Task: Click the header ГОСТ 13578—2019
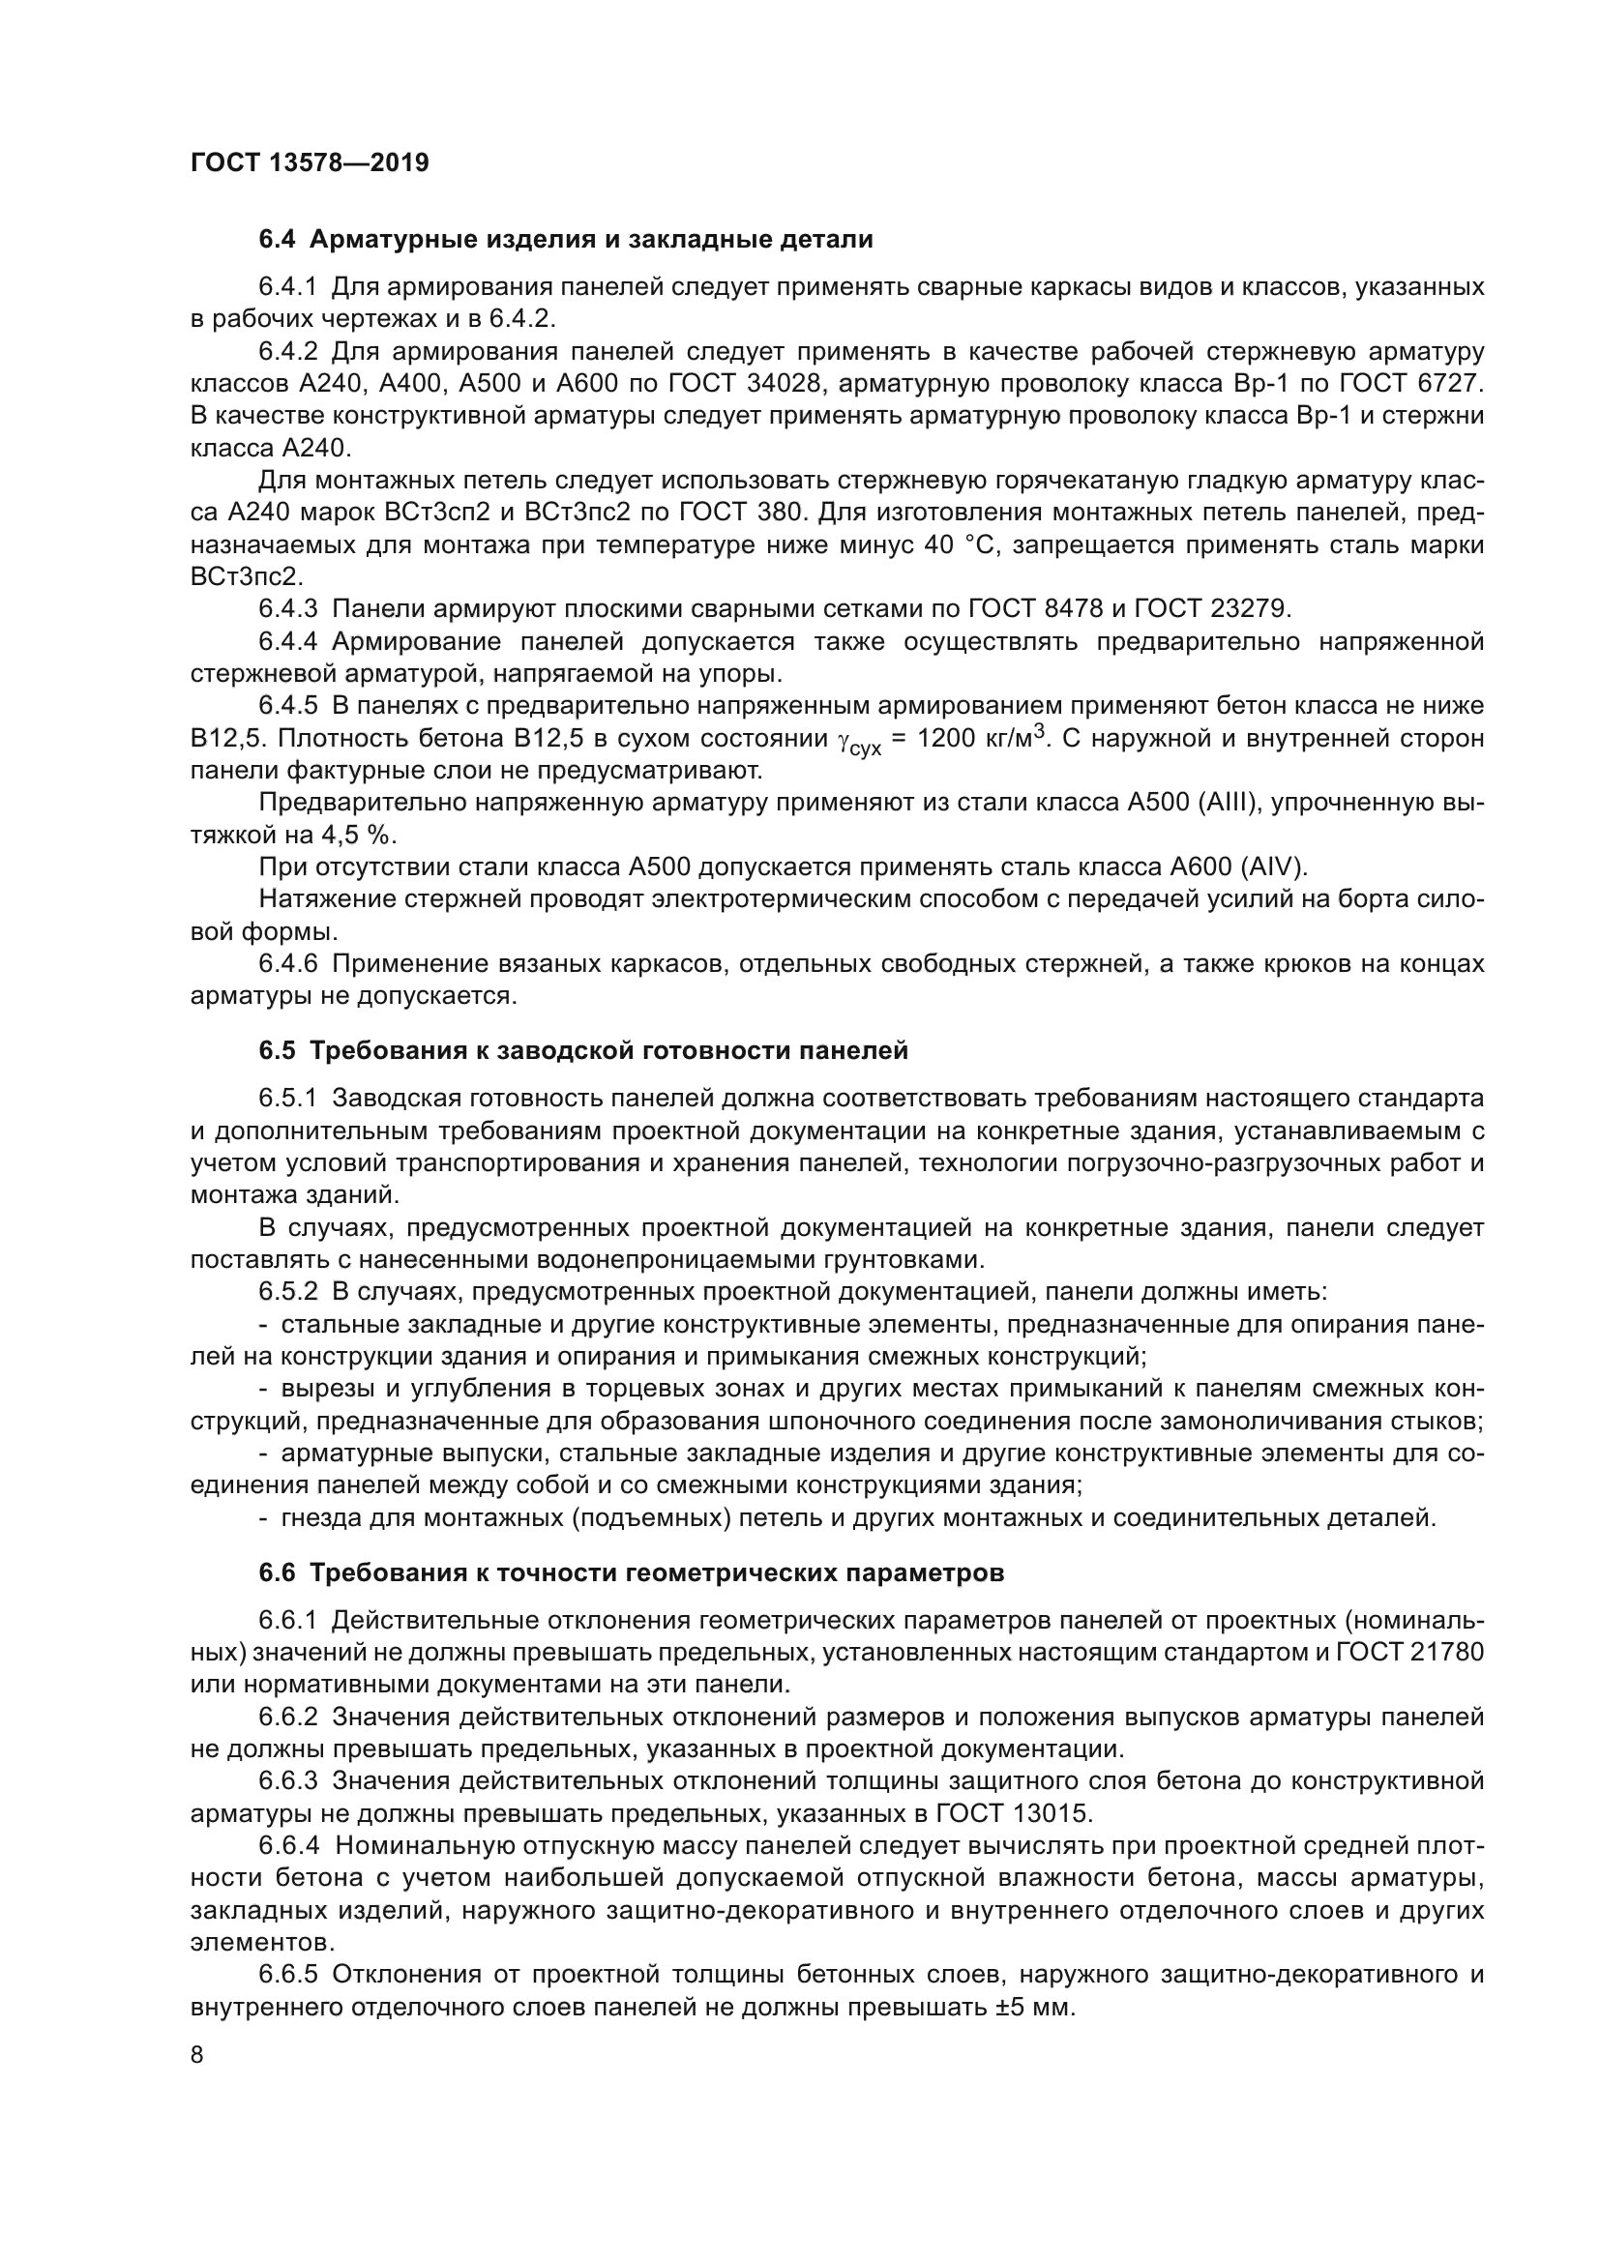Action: coord(310,162)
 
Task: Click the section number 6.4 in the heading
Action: coord(277,240)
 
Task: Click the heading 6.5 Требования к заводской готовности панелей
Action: coord(583,1050)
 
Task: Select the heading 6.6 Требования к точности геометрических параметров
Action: coord(632,1572)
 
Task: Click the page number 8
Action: coord(197,2055)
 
